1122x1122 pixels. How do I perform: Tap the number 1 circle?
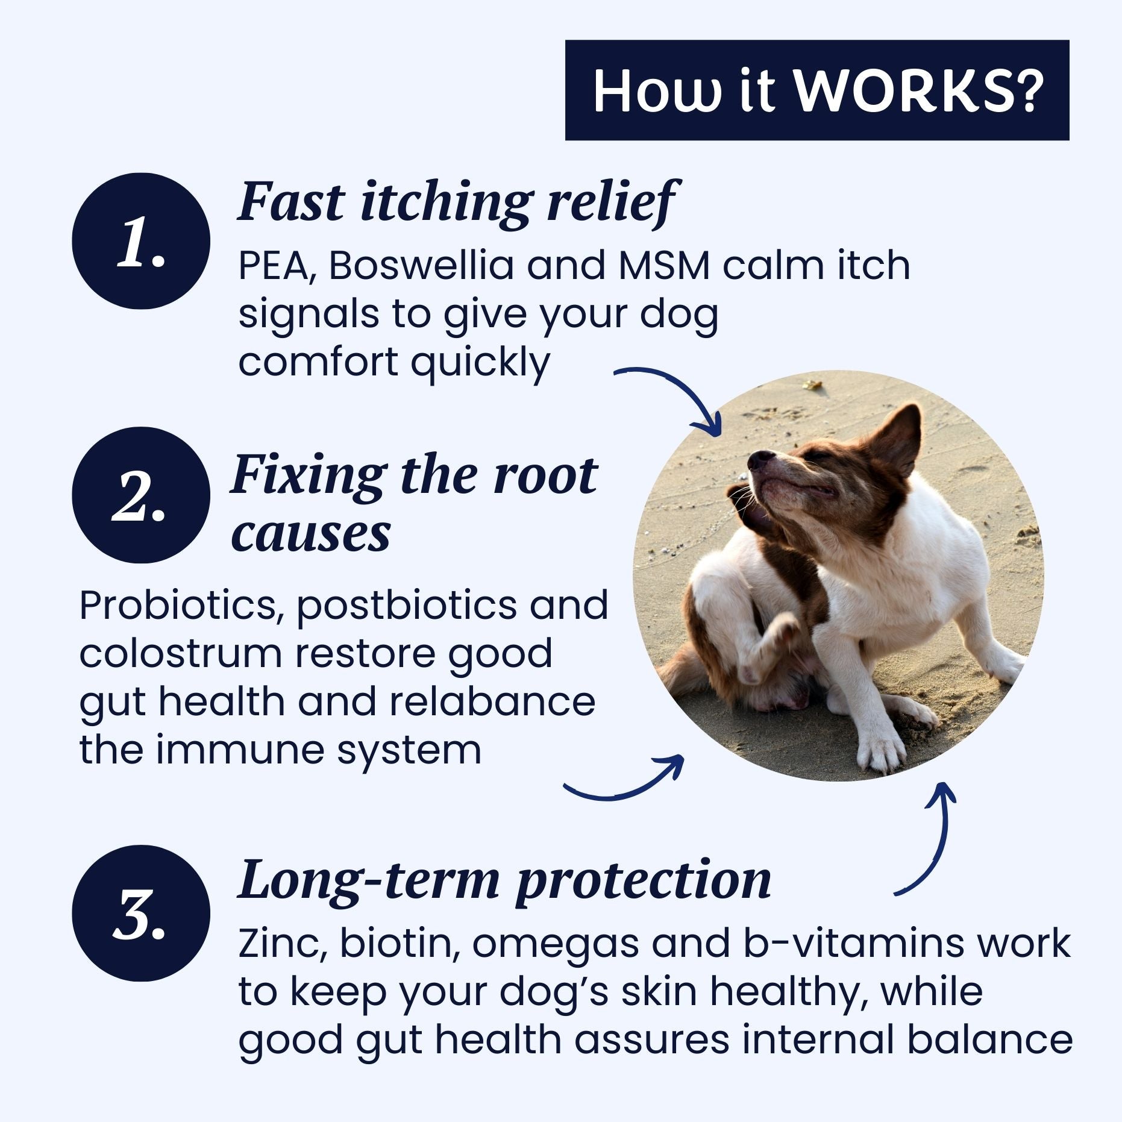point(141,242)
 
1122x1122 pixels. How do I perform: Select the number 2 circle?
point(141,495)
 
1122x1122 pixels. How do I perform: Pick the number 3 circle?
point(141,914)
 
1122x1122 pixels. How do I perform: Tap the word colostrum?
point(180,654)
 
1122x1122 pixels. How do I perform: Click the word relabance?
point(492,702)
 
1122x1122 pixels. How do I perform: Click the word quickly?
point(480,363)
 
